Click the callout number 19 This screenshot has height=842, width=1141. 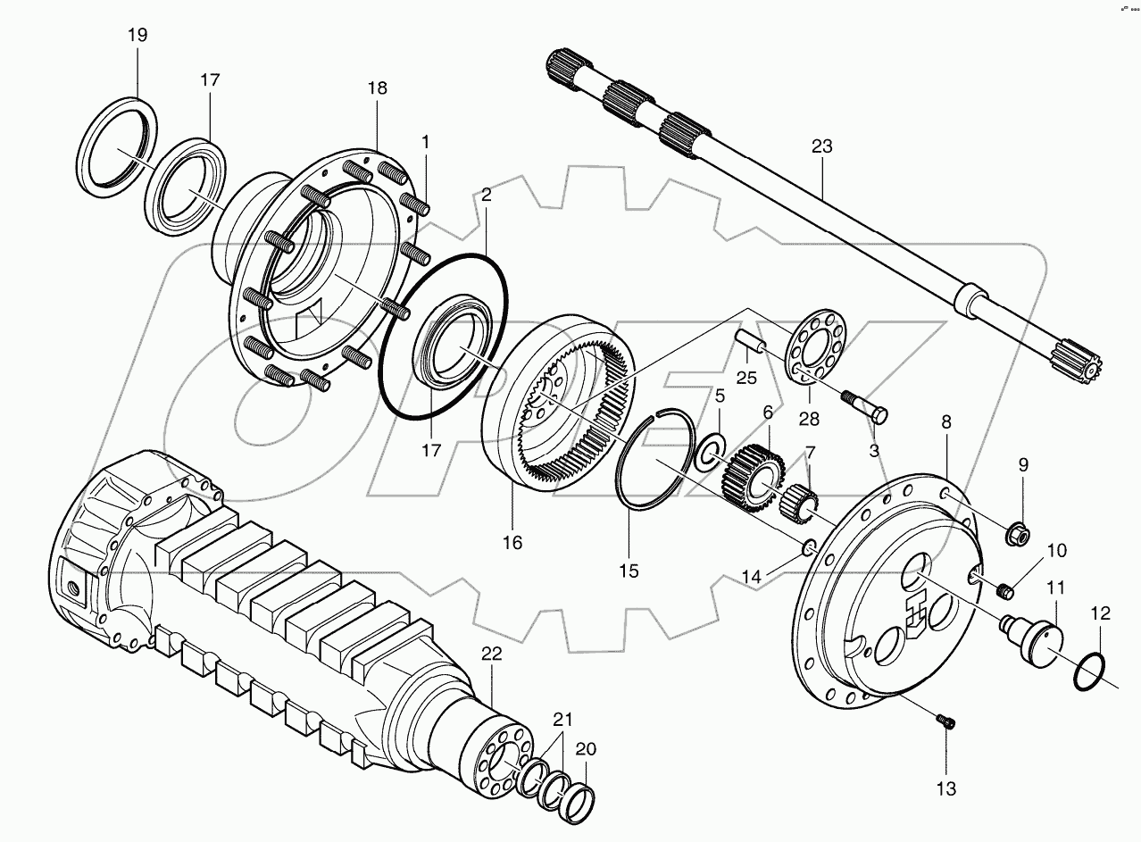[137, 35]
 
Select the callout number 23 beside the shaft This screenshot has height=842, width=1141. [821, 146]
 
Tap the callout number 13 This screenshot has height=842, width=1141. [945, 788]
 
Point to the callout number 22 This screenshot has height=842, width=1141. [492, 654]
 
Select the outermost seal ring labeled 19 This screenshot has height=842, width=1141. [115, 146]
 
